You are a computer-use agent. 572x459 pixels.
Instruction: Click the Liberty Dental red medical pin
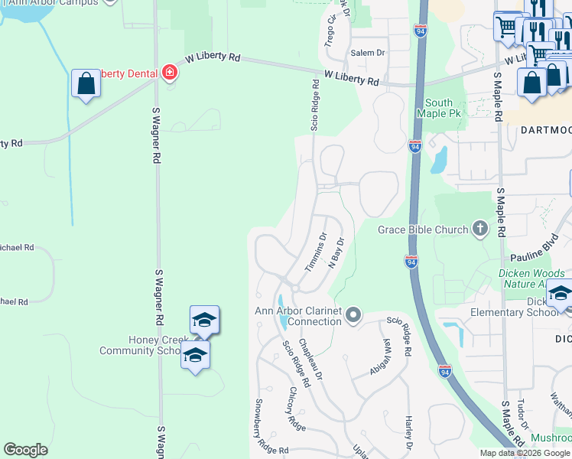(169, 73)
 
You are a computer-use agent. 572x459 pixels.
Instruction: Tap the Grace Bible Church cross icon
(479, 228)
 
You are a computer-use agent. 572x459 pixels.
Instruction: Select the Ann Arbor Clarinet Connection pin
(353, 314)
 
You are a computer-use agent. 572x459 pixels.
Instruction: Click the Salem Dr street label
(368, 52)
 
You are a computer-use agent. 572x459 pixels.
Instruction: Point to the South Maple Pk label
(438, 108)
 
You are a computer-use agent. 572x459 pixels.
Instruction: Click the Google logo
(26, 450)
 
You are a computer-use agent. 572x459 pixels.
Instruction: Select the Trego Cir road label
(330, 30)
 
